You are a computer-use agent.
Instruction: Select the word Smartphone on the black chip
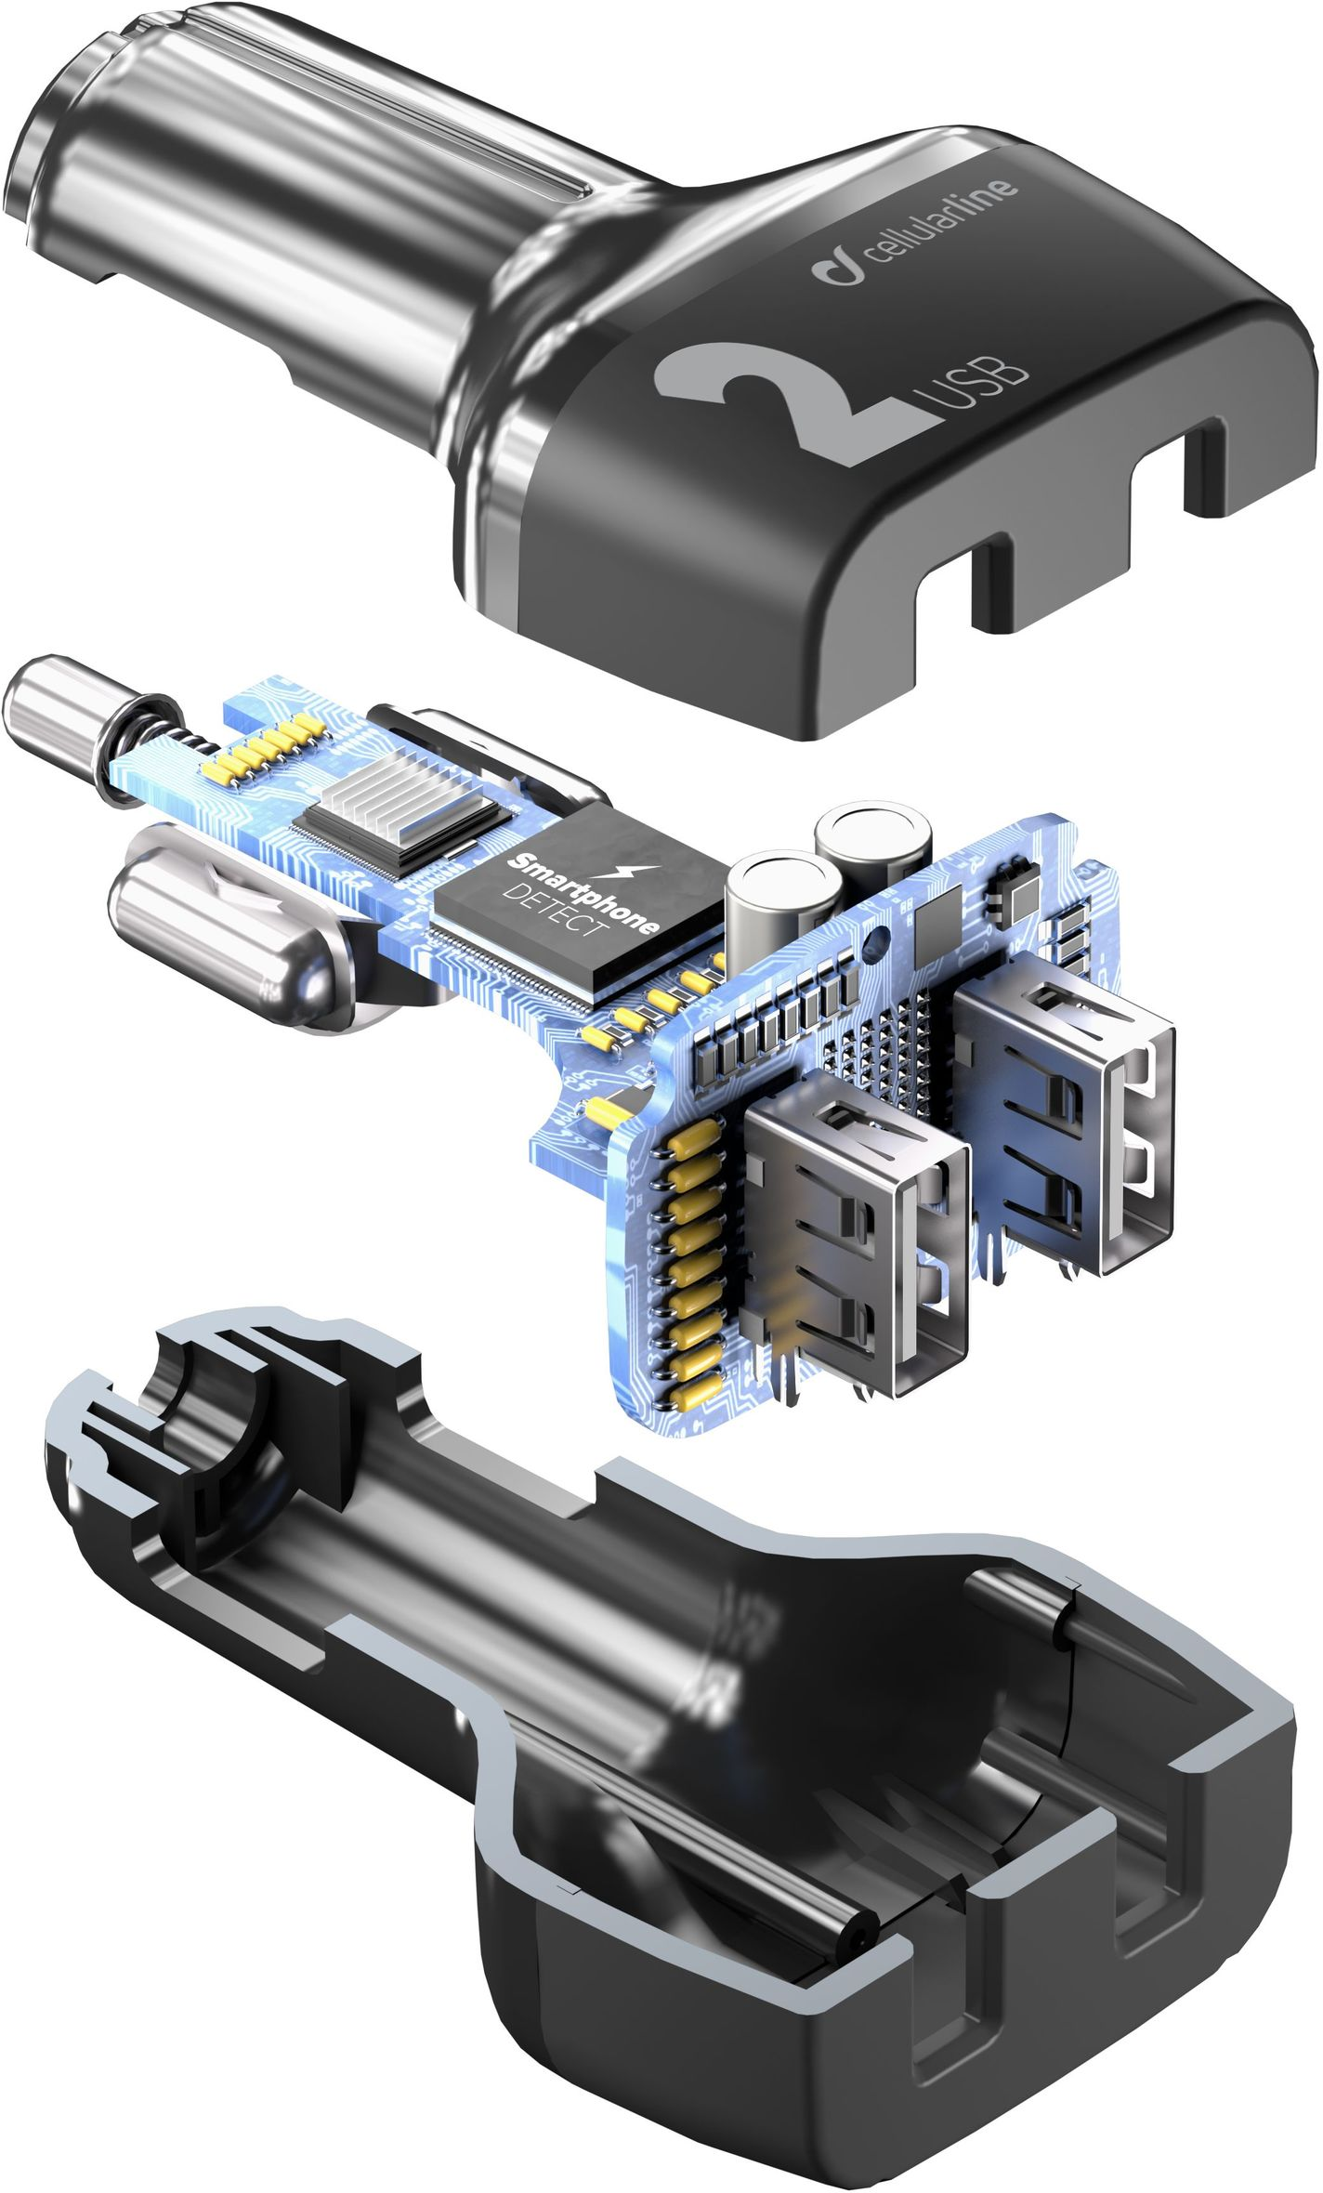pos(581,891)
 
